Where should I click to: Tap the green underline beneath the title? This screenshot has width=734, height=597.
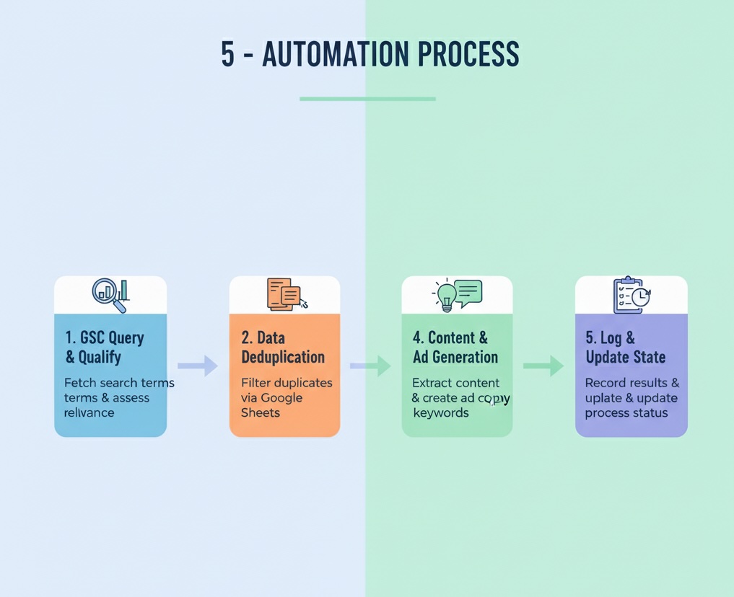point(367,99)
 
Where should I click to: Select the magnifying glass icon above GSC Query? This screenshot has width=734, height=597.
point(107,293)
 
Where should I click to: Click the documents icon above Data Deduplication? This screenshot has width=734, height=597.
point(284,293)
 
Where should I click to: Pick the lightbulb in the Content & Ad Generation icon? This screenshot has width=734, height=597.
point(445,295)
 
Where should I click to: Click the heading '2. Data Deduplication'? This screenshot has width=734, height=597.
point(283,347)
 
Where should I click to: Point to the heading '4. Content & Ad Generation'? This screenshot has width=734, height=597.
point(455,347)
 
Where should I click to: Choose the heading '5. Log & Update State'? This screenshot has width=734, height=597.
point(625,347)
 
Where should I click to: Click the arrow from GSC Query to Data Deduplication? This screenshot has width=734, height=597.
point(198,366)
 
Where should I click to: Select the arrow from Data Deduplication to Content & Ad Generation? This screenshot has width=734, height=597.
point(371,366)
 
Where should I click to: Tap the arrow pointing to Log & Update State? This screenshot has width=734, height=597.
point(543,366)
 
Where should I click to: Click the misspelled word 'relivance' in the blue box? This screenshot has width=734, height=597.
point(89,412)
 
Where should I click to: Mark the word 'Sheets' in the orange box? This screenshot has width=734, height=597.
point(260,412)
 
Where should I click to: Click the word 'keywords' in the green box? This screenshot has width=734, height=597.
point(440,412)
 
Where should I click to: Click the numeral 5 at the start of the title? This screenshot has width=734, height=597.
point(227,55)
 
